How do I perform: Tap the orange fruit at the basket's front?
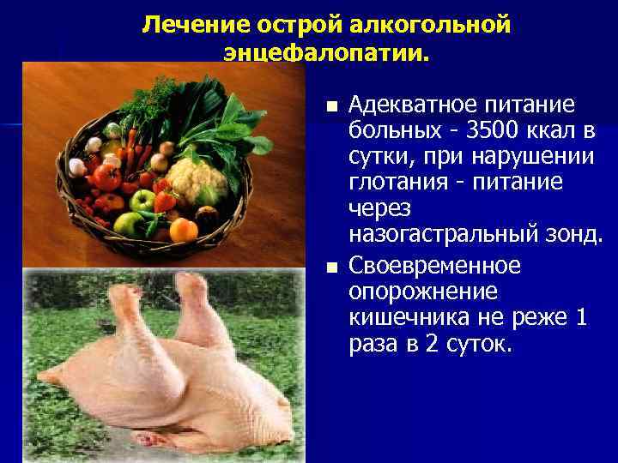183,230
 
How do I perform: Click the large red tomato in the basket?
108,177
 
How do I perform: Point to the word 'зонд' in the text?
583,233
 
